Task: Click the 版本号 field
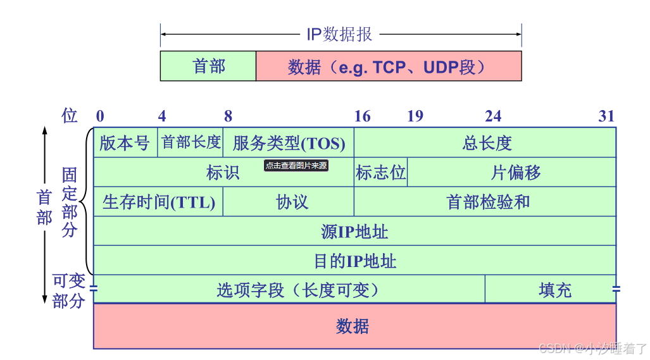(x=125, y=142)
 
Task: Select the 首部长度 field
(x=191, y=142)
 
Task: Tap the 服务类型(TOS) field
(x=289, y=143)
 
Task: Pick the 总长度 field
(x=485, y=143)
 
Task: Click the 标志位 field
(x=380, y=172)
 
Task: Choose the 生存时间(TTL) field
(x=158, y=202)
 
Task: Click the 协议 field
(x=292, y=202)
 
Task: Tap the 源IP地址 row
(x=354, y=231)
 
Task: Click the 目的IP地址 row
(x=354, y=260)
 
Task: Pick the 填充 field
(x=554, y=290)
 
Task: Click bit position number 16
(x=362, y=116)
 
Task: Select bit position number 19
(x=415, y=116)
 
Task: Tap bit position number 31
(x=606, y=116)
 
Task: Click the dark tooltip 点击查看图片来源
(x=296, y=166)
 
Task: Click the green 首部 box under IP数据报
(x=208, y=66)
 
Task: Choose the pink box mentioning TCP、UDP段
(x=388, y=66)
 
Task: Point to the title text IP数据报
(x=339, y=34)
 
